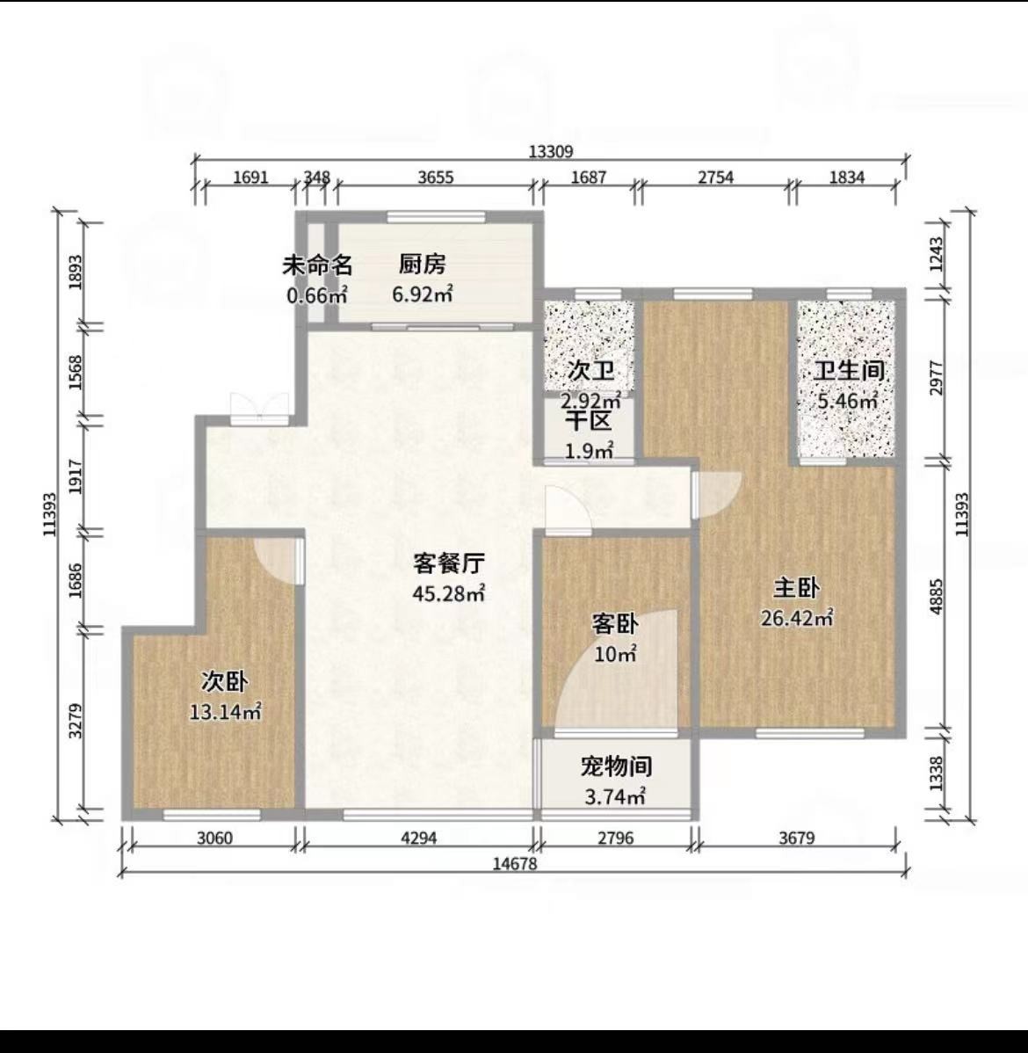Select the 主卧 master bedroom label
(796, 588)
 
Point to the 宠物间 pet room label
(617, 766)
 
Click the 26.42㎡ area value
(797, 617)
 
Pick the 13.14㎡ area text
(225, 711)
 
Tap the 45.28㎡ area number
(448, 593)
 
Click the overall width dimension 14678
(515, 864)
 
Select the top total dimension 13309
(551, 152)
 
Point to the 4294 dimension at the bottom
(419, 838)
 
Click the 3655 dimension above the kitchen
(436, 178)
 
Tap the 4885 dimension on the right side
(938, 595)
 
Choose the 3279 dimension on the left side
(76, 721)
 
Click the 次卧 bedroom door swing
(275, 561)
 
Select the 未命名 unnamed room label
(317, 265)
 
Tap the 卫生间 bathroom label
(849, 371)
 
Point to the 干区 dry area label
(589, 421)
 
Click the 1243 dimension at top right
(938, 254)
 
